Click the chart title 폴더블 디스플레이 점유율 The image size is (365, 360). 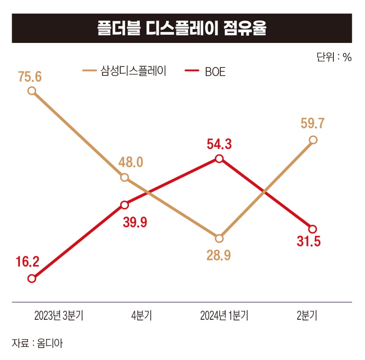[x=182, y=28]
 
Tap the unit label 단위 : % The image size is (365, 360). [x=334, y=57]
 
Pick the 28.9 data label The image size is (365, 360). [x=219, y=255]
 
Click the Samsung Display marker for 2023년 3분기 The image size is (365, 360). [x=31, y=90]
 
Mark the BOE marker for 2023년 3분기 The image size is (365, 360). [x=31, y=279]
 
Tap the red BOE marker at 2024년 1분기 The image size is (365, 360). [x=219, y=158]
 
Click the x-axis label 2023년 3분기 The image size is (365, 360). [x=59, y=316]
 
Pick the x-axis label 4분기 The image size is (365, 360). [x=141, y=316]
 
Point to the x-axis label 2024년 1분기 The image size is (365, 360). [x=224, y=316]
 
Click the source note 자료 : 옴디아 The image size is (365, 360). [x=38, y=342]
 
